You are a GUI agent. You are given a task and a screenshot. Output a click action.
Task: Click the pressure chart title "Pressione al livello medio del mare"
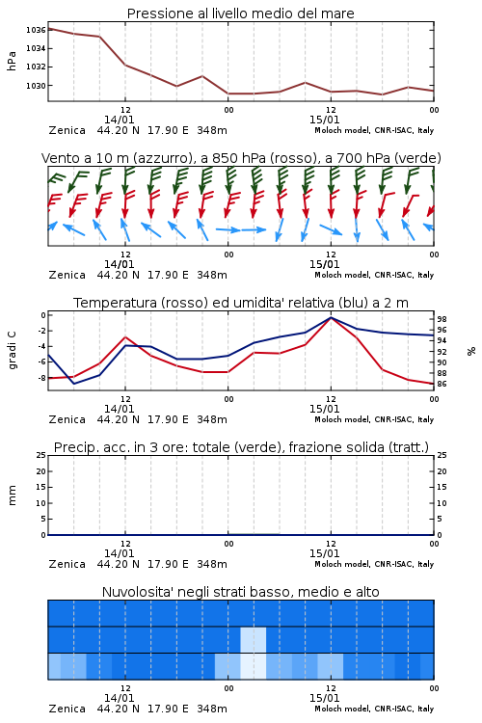click(x=240, y=13)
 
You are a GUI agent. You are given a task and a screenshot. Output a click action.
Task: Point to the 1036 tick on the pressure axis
click(x=36, y=30)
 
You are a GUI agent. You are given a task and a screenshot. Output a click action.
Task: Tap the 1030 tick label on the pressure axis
click(x=36, y=85)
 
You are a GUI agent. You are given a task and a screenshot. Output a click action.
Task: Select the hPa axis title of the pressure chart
click(x=12, y=61)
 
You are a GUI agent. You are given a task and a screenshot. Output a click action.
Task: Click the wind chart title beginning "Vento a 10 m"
click(x=241, y=158)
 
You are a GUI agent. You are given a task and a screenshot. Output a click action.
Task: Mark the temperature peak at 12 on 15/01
click(x=331, y=317)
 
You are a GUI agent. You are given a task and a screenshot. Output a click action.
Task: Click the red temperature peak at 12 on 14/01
click(x=125, y=337)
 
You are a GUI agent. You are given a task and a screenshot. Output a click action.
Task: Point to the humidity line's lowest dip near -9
click(x=74, y=384)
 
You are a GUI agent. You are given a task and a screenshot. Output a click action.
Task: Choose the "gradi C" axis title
click(x=12, y=350)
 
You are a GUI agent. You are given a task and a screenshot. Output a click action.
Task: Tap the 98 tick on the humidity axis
click(x=442, y=319)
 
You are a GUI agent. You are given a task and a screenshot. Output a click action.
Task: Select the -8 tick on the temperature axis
click(x=41, y=378)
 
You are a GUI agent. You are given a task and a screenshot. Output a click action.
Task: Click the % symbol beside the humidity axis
click(x=471, y=351)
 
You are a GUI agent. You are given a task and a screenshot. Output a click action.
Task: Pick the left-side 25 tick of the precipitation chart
click(x=41, y=455)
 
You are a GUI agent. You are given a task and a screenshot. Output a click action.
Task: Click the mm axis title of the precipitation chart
click(x=12, y=495)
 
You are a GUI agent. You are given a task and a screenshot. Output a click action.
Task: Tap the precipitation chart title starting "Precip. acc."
click(x=241, y=447)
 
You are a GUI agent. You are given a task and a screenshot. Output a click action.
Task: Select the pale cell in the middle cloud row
click(x=254, y=639)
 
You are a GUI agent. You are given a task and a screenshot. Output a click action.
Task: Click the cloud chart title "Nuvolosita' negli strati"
click(x=240, y=592)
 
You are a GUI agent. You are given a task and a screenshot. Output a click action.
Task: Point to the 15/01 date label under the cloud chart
click(x=324, y=698)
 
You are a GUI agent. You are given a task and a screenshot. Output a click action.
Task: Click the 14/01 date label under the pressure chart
click(x=119, y=120)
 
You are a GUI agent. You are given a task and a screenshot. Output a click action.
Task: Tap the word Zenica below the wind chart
click(x=67, y=275)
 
